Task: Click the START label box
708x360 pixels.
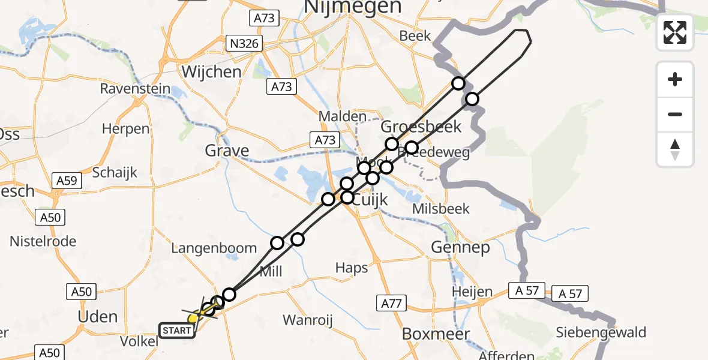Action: point(177,330)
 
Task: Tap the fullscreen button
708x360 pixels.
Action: point(675,32)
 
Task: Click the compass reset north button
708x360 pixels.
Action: point(675,149)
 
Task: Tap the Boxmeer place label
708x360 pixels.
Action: point(436,334)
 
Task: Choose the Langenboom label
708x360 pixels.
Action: point(214,248)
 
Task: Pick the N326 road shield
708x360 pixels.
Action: point(242,43)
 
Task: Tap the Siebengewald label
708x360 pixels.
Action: point(601,332)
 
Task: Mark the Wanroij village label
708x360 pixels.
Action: point(307,320)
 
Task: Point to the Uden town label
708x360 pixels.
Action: point(98,316)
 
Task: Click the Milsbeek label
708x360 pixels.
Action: point(441,209)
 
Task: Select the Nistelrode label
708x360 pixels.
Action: point(43,241)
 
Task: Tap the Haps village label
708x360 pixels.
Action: point(352,268)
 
